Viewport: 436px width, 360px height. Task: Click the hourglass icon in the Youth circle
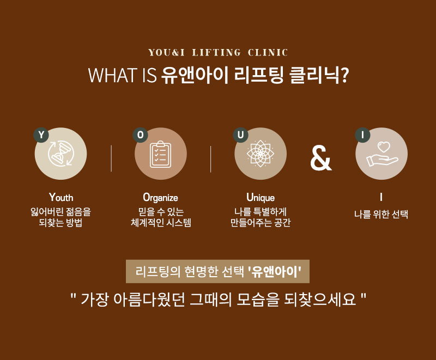pyautogui.click(x=60, y=154)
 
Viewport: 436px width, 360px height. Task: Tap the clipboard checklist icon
pyautogui.click(x=160, y=154)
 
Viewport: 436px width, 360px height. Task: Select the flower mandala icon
pyautogui.click(x=261, y=154)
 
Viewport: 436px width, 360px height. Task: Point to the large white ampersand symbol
pyautogui.click(x=321, y=158)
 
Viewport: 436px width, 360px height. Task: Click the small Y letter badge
pyautogui.click(x=41, y=135)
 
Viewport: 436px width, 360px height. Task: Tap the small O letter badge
pyautogui.click(x=141, y=135)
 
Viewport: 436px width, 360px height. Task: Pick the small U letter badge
pyautogui.click(x=240, y=135)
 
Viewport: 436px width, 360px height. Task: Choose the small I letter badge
pyautogui.click(x=362, y=135)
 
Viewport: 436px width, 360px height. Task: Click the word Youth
pyautogui.click(x=61, y=198)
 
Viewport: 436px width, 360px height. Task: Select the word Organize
pyautogui.click(x=160, y=198)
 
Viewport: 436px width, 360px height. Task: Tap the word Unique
pyautogui.click(x=261, y=198)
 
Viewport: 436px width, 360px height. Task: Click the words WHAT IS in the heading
pyautogui.click(x=122, y=75)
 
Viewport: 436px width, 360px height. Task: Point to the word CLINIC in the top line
pyautogui.click(x=268, y=52)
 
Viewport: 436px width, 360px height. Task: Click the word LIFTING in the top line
pyautogui.click(x=216, y=52)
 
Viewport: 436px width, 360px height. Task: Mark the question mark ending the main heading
pyautogui.click(x=344, y=75)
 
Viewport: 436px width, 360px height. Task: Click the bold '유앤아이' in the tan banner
pyautogui.click(x=275, y=271)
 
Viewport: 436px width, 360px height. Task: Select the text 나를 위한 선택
pyautogui.click(x=381, y=214)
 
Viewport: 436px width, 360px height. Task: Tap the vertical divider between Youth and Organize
pyautogui.click(x=111, y=158)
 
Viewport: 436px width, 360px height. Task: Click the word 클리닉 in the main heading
pyautogui.click(x=314, y=75)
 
